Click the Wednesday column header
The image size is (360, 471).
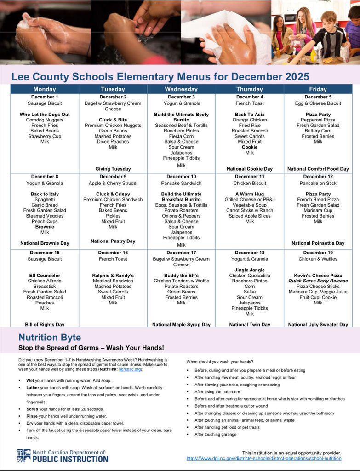[x=181, y=89]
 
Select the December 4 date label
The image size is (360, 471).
[x=250, y=97]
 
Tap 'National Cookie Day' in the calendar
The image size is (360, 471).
[x=250, y=169]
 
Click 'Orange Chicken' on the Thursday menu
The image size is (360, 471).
[x=250, y=120]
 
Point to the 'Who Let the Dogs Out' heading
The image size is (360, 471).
[x=45, y=115]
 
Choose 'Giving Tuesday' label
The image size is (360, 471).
[x=113, y=169]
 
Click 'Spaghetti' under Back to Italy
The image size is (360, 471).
[x=45, y=200]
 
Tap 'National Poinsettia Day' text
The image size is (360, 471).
[x=318, y=243]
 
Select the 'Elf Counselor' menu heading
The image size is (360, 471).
[x=45, y=276]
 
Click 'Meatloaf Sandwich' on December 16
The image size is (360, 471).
[x=113, y=281]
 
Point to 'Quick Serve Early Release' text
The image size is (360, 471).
[x=318, y=281]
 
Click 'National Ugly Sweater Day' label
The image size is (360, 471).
[x=318, y=325]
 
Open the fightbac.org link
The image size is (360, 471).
[x=130, y=369]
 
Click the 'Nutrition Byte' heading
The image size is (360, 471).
[x=50, y=338]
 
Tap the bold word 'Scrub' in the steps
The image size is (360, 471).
[x=33, y=409]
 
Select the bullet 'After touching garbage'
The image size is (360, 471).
[x=215, y=434]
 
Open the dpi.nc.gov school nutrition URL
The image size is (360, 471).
[x=263, y=459]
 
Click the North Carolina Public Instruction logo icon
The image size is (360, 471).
[x=24, y=455]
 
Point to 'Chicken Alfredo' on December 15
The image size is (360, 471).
[x=45, y=281]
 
